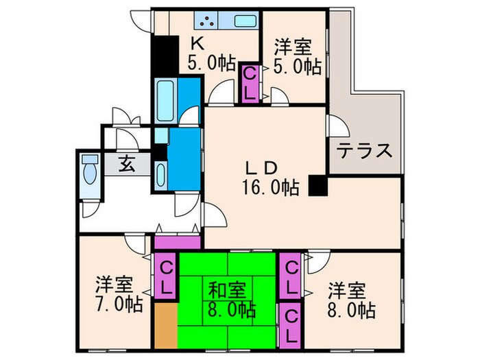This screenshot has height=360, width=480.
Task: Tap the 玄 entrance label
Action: click(x=126, y=164)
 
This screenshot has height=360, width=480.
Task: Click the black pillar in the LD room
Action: click(x=317, y=185)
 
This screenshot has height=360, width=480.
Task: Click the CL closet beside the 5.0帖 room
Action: click(x=250, y=83)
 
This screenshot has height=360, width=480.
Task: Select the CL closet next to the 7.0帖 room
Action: click(x=165, y=276)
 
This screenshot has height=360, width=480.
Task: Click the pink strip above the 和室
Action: click(x=177, y=242)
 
